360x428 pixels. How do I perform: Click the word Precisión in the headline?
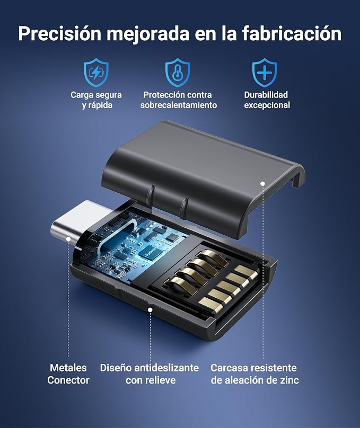[60, 33]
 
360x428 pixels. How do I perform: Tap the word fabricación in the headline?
[292, 33]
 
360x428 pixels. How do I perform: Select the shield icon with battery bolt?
[96, 73]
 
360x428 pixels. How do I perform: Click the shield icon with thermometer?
[178, 73]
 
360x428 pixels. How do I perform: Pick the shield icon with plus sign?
[265, 73]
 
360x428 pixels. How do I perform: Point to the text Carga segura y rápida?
[96, 100]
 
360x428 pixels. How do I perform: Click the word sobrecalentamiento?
[179, 105]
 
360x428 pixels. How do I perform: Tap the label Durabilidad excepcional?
[267, 100]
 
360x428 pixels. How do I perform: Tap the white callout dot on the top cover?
[262, 184]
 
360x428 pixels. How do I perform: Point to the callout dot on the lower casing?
[150, 309]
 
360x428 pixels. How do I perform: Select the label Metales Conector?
[68, 374]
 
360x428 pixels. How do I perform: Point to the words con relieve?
[151, 380]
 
